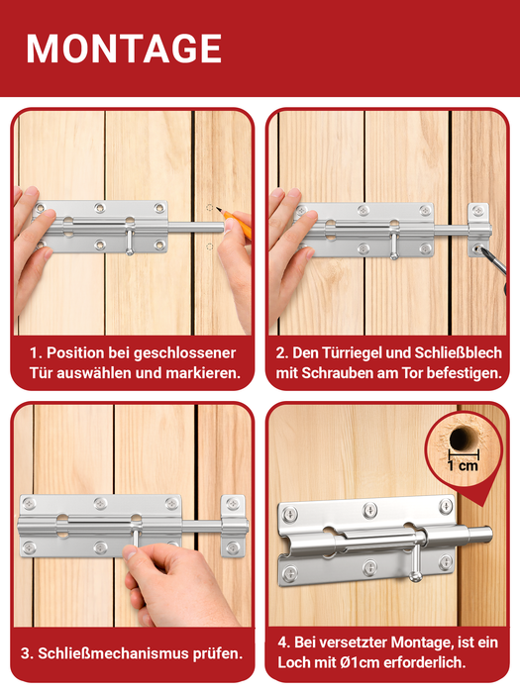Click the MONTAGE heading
pos(124,49)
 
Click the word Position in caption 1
pos(75,353)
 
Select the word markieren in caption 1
pos(203,373)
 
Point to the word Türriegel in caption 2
pos(351,352)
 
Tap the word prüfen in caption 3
pos(218,653)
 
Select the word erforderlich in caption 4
pos(424,662)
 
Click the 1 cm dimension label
pos(463,465)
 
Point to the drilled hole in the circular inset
pos(462,438)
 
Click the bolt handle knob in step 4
pos(415,576)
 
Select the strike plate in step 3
pos(233,527)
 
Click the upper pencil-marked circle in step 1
pos(210,208)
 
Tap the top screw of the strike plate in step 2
pos(478,210)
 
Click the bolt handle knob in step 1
pos(129,251)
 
